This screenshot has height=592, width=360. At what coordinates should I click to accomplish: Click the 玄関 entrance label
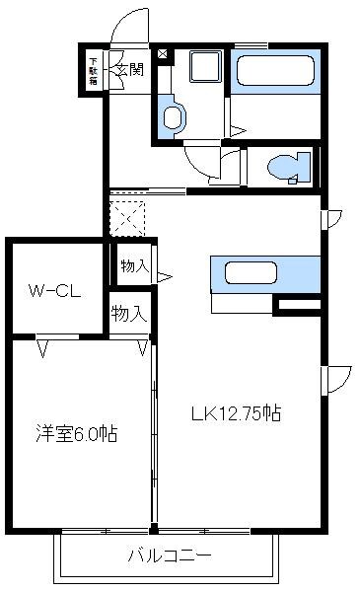[x=129, y=69]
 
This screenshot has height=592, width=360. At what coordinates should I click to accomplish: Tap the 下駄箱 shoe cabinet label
[x=93, y=70]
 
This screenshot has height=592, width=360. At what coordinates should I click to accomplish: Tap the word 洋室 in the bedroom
[x=54, y=433]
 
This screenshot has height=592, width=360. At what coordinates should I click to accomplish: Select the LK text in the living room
[x=201, y=414]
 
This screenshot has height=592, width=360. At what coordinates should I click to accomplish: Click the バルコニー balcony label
[x=169, y=555]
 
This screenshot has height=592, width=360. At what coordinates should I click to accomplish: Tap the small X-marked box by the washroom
[x=163, y=52]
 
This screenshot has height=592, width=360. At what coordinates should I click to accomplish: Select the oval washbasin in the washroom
[x=174, y=118]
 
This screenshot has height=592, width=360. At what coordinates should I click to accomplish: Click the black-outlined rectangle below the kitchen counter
[x=297, y=306]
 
